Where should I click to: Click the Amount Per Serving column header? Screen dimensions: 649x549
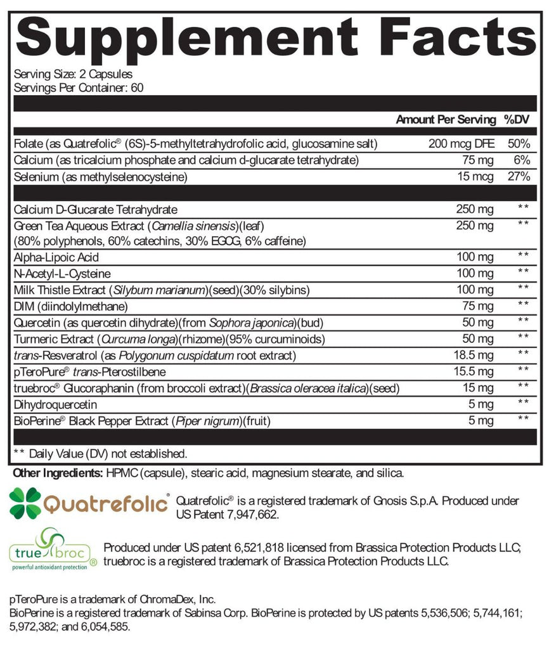[446, 120]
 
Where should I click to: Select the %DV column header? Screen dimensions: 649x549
[516, 120]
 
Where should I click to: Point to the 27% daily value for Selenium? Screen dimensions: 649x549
[519, 177]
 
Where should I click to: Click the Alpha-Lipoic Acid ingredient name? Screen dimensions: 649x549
[56, 257]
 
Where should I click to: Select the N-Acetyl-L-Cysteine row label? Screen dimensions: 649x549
[61, 274]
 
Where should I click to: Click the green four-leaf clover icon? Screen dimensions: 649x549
[25, 503]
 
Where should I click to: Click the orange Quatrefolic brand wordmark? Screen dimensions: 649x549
[107, 504]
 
